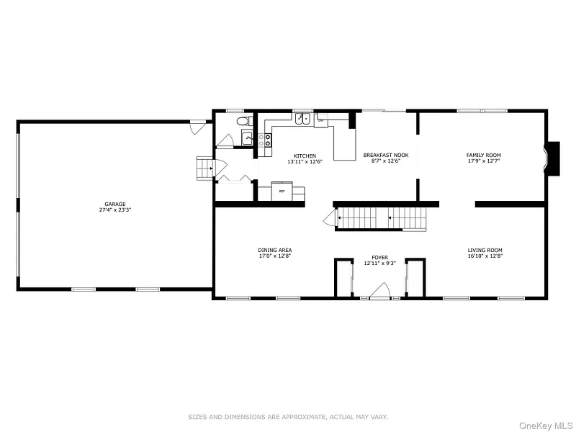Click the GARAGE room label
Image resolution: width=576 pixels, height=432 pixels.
[115, 204]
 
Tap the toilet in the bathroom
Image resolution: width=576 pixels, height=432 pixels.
[244, 120]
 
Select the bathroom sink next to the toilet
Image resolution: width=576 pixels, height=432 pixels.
[247, 138]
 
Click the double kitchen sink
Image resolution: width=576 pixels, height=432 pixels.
[302, 119]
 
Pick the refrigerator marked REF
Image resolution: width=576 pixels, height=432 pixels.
[282, 191]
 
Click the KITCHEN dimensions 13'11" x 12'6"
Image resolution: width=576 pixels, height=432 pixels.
[305, 161]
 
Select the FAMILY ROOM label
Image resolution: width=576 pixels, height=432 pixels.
[483, 155]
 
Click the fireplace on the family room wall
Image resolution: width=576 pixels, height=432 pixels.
[552, 158]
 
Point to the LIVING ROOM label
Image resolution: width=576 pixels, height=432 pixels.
[485, 250]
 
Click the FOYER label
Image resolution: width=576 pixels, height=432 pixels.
[379, 258]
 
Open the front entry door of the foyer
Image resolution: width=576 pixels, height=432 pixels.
[380, 291]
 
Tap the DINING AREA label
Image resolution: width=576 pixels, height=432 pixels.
[275, 250]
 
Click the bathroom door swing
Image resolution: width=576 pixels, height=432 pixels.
[225, 140]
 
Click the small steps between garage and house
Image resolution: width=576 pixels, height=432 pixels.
[204, 168]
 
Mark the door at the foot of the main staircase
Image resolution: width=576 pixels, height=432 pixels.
[330, 217]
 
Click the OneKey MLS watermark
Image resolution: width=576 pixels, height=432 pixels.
[546, 426]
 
